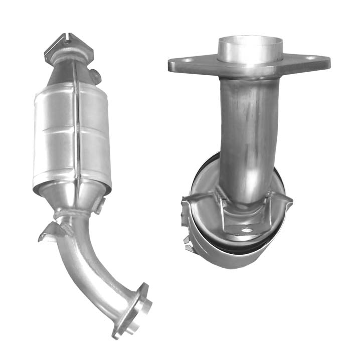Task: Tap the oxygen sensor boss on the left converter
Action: point(96,76)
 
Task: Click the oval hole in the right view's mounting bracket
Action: point(246,231)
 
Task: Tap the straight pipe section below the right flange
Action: point(246,130)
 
